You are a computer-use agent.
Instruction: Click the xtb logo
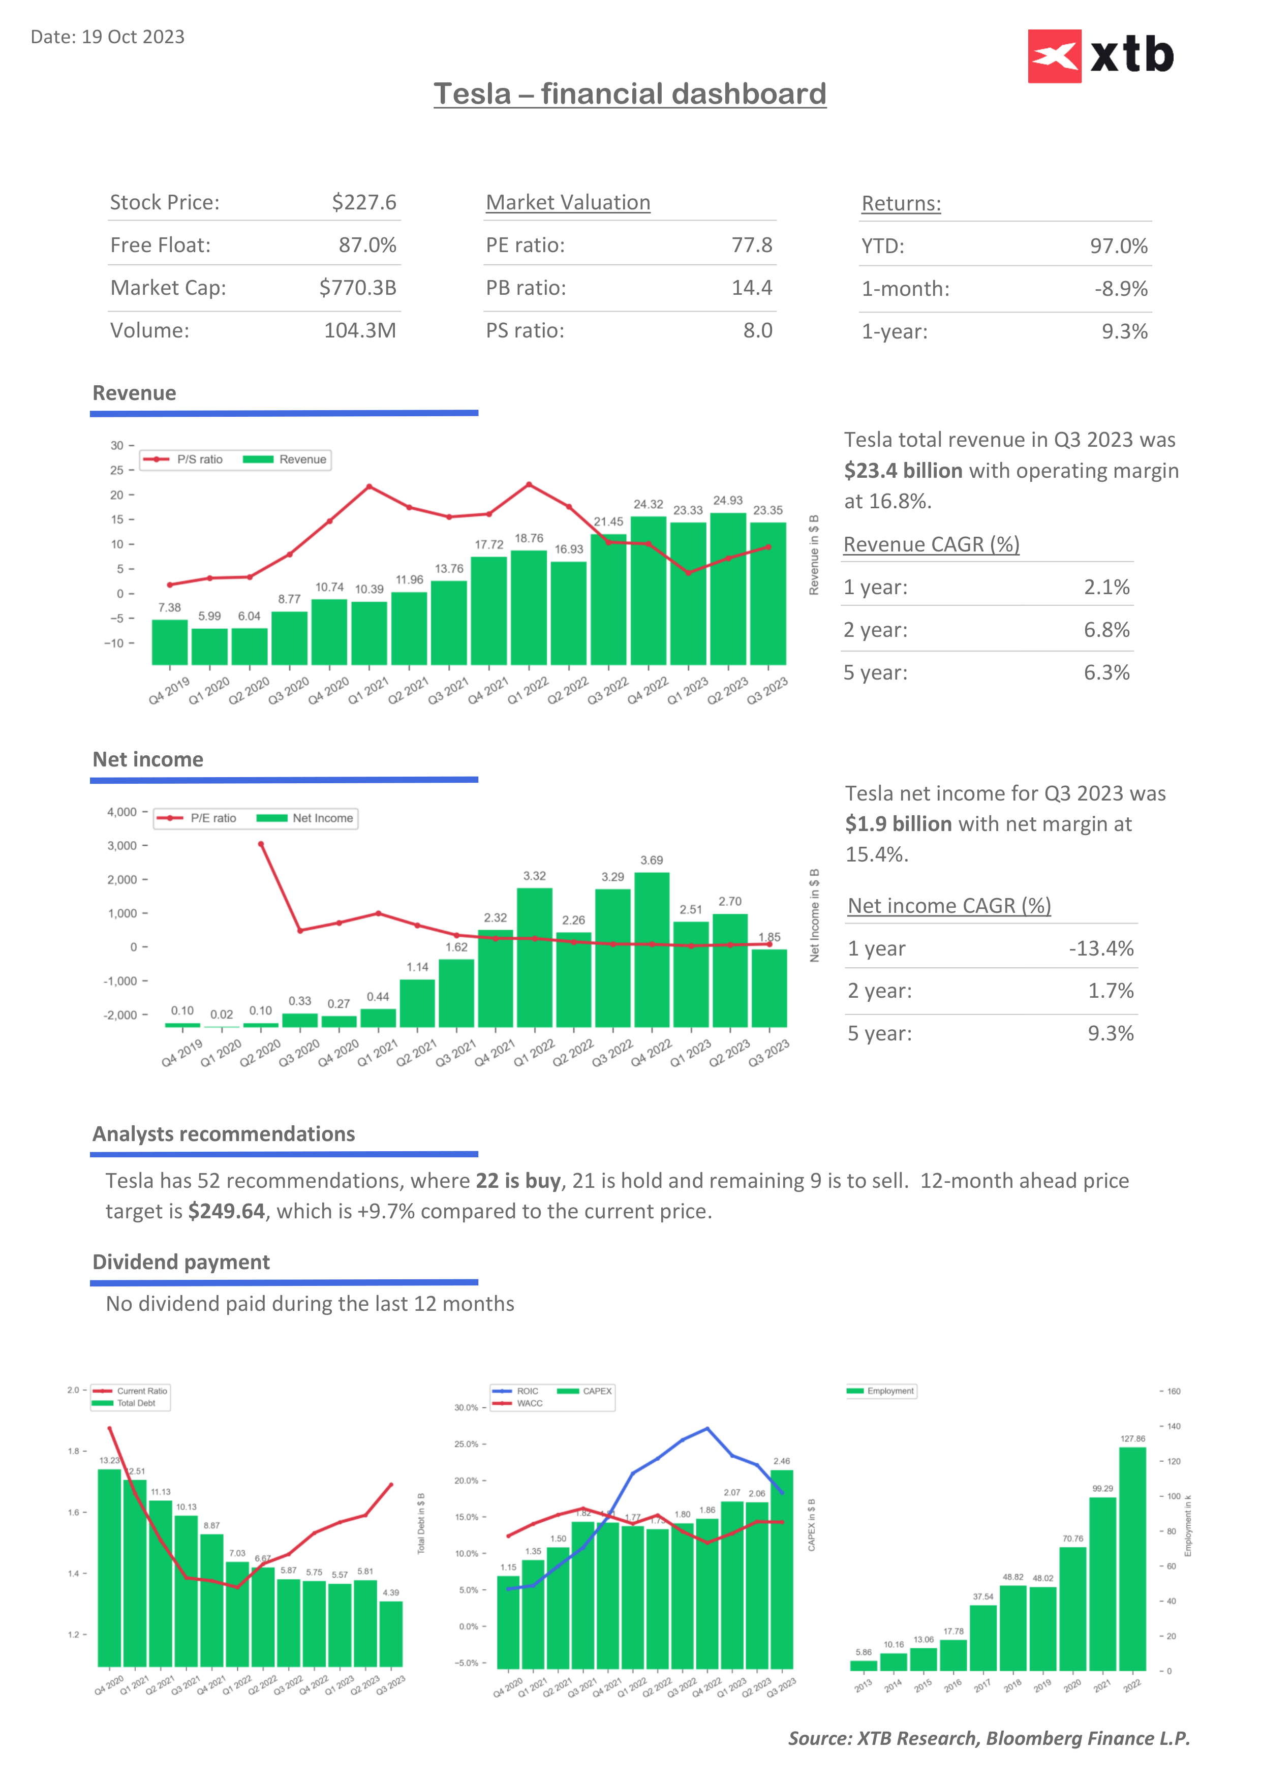(1100, 56)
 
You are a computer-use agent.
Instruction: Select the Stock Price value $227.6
(363, 203)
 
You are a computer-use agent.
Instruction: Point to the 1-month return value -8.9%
(1120, 289)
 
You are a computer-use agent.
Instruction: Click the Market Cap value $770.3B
(357, 288)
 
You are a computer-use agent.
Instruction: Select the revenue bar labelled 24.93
(727, 589)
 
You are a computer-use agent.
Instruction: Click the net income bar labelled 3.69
(652, 949)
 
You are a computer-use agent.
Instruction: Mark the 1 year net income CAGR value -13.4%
(1100, 949)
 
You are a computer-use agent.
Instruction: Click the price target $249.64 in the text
(226, 1211)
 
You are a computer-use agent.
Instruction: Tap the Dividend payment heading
(181, 1262)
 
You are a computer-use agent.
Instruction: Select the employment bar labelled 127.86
(1132, 1558)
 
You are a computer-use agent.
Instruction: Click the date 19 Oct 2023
(133, 37)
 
